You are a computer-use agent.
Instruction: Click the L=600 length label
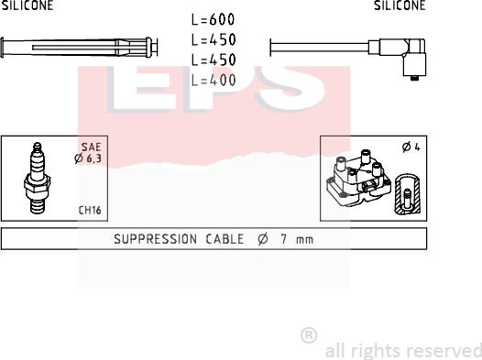213,19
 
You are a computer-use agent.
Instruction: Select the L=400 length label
213,81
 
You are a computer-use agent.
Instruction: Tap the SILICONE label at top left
27,5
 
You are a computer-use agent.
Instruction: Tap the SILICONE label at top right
400,5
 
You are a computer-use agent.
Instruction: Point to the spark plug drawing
38,178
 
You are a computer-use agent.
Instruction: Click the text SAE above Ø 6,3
91,147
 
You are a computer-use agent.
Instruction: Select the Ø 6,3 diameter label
88,158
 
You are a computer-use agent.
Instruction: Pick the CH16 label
90,210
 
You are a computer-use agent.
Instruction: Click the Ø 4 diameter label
411,147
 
